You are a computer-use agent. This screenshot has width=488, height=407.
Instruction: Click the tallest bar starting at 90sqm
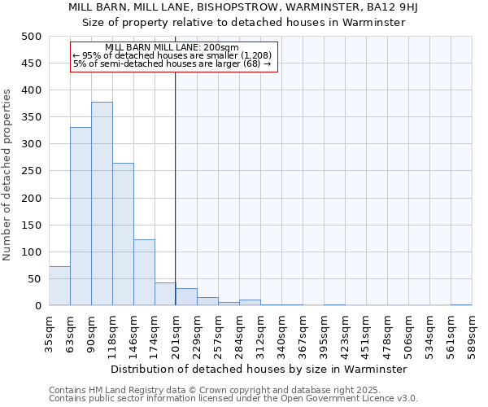(102, 203)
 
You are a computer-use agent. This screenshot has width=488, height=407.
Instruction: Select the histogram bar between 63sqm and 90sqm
(81, 217)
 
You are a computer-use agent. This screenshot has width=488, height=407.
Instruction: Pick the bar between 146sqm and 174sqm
(144, 273)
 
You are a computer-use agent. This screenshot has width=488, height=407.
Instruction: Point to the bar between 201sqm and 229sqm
(186, 297)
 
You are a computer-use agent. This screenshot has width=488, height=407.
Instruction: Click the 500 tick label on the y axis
(32, 37)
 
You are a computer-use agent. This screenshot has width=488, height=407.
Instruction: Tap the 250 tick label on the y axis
(32, 171)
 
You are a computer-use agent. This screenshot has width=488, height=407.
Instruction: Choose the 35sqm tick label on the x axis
(49, 330)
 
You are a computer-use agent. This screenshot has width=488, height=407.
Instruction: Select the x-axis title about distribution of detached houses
(260, 369)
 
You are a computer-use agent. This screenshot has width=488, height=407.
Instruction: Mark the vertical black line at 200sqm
(176, 187)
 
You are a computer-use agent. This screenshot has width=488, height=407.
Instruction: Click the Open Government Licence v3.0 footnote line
(233, 398)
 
